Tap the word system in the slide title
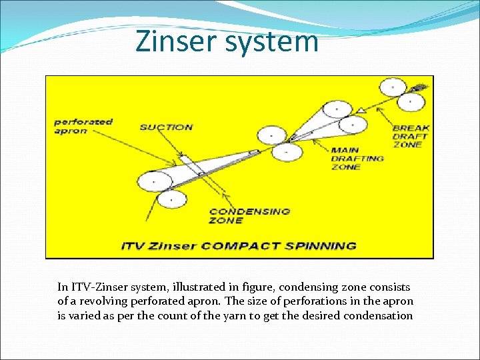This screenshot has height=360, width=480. pos(272,42)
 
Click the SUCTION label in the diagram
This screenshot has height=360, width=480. pos(166,127)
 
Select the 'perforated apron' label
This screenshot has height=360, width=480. pos(83,127)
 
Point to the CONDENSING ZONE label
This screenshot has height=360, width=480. pos(249,215)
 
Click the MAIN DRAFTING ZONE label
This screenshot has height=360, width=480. pos(357,159)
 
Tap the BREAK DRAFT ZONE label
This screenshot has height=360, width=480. pos(411,136)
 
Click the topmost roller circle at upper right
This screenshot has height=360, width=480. pos(391,87)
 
